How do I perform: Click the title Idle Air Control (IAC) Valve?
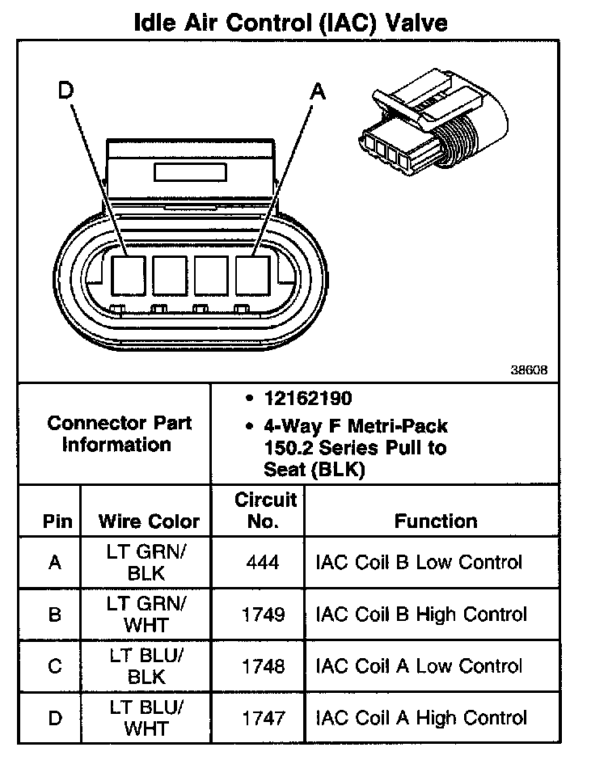click(290, 22)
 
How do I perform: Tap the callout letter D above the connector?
click(66, 91)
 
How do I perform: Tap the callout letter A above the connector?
click(319, 92)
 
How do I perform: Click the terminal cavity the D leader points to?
click(127, 275)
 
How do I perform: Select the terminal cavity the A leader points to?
click(253, 275)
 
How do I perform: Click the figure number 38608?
click(530, 370)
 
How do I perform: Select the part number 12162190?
click(308, 399)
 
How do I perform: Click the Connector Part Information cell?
click(119, 433)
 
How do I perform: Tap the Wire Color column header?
click(149, 521)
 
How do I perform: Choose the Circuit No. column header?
click(265, 510)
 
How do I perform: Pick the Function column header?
click(435, 521)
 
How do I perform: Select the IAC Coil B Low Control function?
click(419, 562)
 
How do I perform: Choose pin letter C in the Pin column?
click(55, 666)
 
